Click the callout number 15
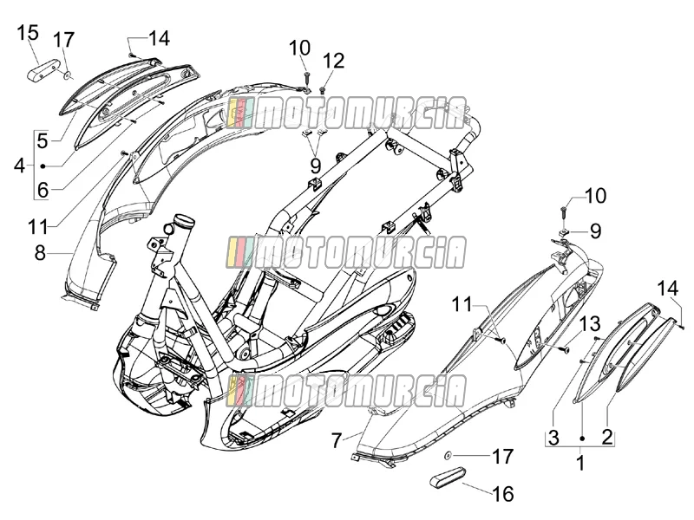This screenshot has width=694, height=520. point(28,34)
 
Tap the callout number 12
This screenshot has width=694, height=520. point(333,61)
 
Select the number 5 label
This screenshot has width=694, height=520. point(42,141)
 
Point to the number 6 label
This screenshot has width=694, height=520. point(43,190)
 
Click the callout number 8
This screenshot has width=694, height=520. point(40,253)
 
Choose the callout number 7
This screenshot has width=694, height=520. point(337,440)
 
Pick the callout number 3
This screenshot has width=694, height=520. point(553,438)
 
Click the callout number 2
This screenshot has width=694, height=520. point(607,438)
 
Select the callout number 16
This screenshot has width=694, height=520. point(503,494)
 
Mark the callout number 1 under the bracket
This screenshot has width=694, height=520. point(580,464)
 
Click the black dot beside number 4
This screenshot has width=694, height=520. point(43,166)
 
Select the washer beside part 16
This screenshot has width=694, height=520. point(448,455)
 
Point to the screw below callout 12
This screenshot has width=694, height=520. point(323,90)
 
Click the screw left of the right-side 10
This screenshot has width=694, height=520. point(563,211)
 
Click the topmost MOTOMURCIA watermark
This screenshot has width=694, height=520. point(345,114)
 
